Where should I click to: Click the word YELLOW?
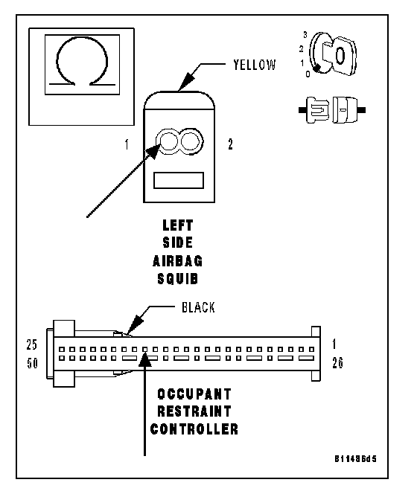[254, 65]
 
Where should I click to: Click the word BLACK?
[198, 307]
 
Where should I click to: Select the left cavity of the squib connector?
[168, 141]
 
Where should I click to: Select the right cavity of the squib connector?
[190, 141]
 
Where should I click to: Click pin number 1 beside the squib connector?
[127, 144]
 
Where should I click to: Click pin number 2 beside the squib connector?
[230, 144]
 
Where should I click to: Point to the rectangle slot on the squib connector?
[179, 180]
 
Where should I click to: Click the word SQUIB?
[177, 279]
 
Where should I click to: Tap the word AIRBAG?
[177, 261]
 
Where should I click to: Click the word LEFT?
[177, 225]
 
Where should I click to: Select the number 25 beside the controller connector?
[31, 344]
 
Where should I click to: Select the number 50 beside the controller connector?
[32, 363]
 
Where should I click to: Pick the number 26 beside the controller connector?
[337, 363]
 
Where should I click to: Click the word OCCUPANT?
[194, 394]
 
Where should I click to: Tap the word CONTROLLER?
[194, 429]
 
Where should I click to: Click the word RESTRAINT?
[194, 411]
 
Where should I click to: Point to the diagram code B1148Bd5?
[355, 459]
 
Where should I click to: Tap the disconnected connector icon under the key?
[332, 110]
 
